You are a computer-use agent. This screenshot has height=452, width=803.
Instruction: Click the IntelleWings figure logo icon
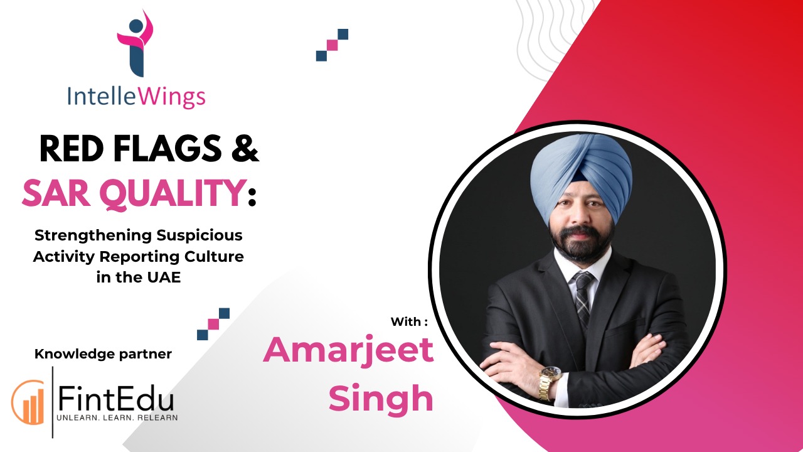[136, 43]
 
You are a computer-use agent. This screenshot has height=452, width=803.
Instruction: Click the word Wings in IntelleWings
[171, 97]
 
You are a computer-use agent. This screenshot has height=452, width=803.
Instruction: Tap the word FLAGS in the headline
[168, 148]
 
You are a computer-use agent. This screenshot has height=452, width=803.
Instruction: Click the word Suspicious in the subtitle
[199, 235]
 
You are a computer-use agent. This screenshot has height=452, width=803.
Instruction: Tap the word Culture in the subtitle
[214, 257]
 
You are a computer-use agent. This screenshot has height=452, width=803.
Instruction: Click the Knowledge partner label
[103, 354]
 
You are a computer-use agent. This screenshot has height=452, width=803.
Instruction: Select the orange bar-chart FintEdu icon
[28, 402]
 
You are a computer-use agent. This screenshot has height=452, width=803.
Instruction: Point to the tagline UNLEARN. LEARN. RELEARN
[117, 417]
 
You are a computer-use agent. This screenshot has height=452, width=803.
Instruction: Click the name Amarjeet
[348, 350]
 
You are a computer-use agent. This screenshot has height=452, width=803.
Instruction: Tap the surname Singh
[381, 399]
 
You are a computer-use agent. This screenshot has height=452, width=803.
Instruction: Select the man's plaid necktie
[583, 298]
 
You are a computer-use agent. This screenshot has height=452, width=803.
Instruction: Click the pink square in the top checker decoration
[332, 45]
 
